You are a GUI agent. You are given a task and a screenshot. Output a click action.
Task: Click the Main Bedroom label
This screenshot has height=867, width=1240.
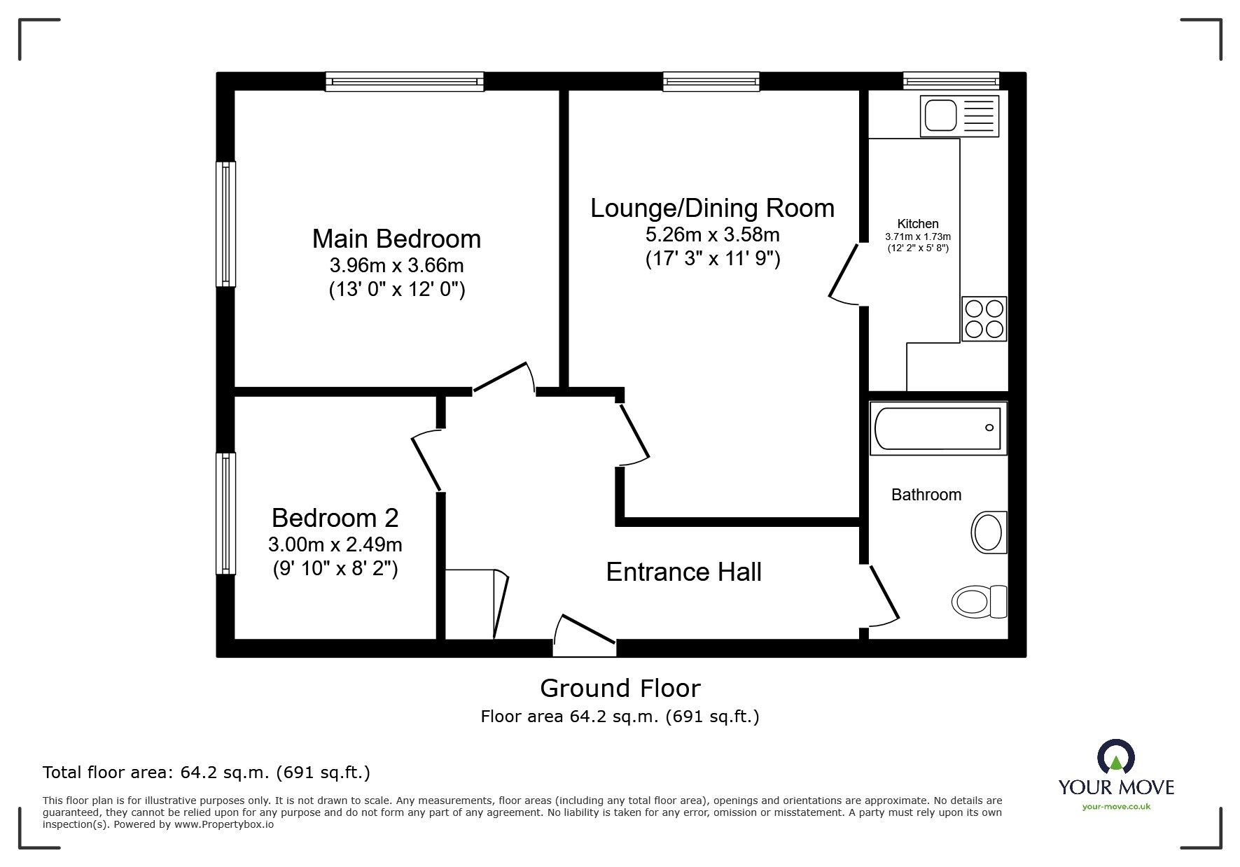(396, 239)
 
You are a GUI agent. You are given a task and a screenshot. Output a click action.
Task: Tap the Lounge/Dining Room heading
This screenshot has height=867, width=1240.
(712, 208)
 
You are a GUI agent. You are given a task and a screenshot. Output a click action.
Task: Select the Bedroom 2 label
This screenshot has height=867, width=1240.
(335, 518)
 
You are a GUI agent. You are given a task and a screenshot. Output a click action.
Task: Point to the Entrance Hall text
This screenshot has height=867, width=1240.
(683, 572)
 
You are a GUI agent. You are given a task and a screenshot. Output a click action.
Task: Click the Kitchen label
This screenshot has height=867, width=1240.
(917, 224)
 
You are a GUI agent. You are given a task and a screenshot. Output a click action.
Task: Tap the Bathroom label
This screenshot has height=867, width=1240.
(926, 495)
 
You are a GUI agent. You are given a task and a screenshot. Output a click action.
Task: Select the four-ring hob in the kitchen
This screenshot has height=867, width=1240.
(984, 318)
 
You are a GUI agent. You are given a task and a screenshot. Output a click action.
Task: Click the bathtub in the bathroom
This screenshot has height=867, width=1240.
(938, 428)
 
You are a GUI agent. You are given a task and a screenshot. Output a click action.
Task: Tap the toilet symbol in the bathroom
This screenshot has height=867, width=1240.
(979, 601)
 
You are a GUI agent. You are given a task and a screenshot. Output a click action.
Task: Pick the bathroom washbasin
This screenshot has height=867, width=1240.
(989, 532)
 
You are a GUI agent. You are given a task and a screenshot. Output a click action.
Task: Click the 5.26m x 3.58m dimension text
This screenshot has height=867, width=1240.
(712, 234)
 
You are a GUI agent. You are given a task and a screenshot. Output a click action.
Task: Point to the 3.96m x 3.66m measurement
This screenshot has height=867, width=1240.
(396, 266)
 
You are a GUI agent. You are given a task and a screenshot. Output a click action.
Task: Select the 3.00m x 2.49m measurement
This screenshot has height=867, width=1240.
(335, 544)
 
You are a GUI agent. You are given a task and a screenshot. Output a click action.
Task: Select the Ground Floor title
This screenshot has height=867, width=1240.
(620, 689)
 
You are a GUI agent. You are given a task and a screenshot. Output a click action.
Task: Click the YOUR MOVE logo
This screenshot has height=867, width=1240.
(1115, 777)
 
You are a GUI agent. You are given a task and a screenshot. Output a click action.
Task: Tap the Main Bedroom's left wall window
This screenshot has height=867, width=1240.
(225, 224)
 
